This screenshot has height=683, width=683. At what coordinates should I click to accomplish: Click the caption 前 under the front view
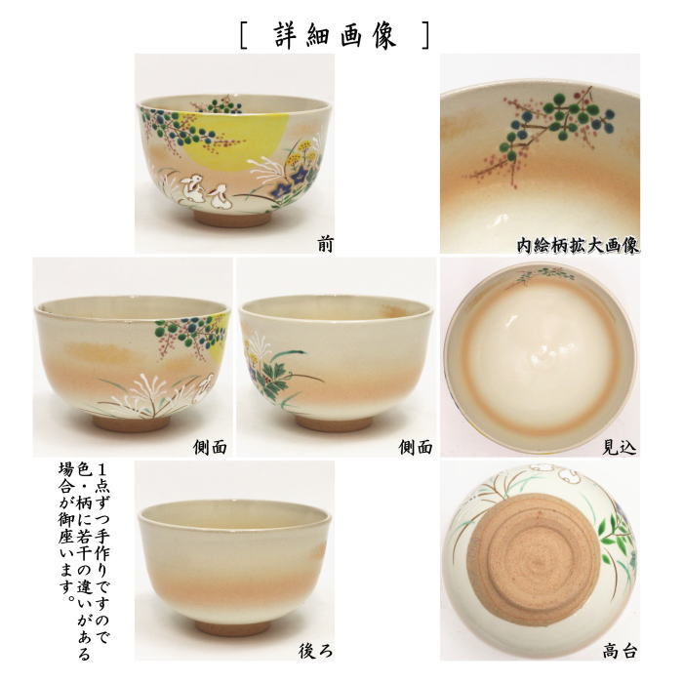[x=324, y=244]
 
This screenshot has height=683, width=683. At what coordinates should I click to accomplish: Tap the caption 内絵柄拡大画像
[x=578, y=244]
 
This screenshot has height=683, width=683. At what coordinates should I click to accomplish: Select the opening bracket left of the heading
[x=243, y=36]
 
